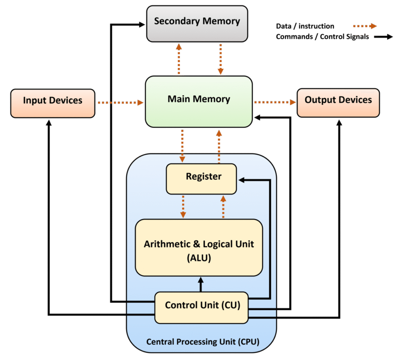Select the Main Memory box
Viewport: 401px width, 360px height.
pos(199,101)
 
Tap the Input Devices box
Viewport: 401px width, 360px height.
pos(53,103)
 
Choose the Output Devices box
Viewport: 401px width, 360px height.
pos(338,103)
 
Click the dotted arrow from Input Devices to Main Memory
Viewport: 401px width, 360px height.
pos(120,103)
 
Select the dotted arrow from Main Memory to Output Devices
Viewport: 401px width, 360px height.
pos(275,103)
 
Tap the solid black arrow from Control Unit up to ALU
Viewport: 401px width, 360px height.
pos(201,284)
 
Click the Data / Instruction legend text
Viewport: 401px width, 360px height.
pos(305,26)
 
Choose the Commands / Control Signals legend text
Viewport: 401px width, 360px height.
pos(322,37)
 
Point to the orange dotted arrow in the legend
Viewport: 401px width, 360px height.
pos(364,26)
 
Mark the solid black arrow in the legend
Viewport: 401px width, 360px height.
pos(383,37)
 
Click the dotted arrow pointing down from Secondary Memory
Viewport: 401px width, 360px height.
pos(220,59)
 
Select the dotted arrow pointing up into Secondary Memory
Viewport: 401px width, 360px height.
pos(179,59)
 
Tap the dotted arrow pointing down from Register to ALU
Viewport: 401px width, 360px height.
pos(182,207)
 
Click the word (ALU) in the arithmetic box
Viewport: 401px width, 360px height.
pos(199,258)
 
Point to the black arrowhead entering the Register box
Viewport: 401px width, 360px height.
pos(242,180)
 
